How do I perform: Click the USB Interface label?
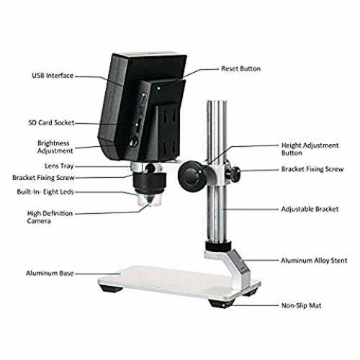(x=53, y=76)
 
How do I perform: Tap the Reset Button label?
(x=240, y=68)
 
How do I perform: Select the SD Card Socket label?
(x=51, y=122)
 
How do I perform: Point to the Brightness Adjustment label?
(x=55, y=147)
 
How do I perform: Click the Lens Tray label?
(x=59, y=166)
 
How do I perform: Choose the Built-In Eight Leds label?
(x=45, y=192)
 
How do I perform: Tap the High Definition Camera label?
(x=50, y=217)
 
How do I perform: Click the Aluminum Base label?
(x=50, y=273)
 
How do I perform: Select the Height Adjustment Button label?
(x=310, y=149)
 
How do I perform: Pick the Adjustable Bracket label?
(x=310, y=209)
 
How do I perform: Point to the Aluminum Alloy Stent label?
(x=314, y=261)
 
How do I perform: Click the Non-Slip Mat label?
(x=301, y=305)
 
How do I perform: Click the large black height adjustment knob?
(x=192, y=176)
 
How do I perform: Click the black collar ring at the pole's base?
(x=218, y=246)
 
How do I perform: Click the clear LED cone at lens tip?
(x=149, y=200)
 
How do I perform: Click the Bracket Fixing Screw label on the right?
(x=312, y=169)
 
